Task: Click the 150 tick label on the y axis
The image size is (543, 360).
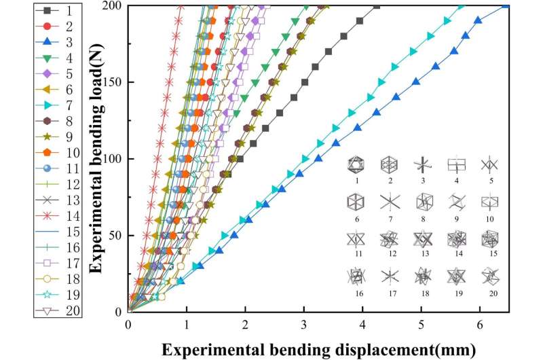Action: point(114,82)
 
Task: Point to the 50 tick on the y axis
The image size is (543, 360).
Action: point(117,236)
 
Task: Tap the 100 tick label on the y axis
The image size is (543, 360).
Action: point(114,159)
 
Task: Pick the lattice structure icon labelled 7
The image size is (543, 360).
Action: point(390,202)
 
